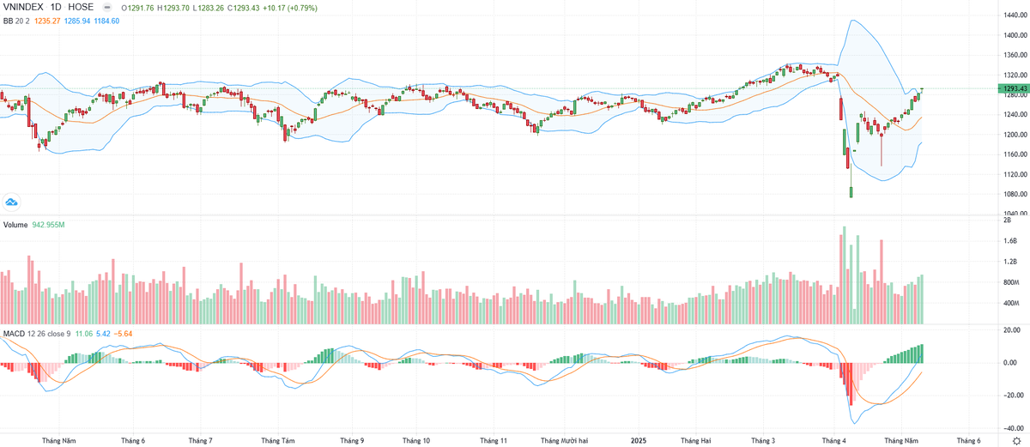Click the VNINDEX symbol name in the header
click(x=25, y=7)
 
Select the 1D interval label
click(x=59, y=7)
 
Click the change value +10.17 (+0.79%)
click(x=288, y=7)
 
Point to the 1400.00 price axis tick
click(x=1015, y=36)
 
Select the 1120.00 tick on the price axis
click(x=1015, y=174)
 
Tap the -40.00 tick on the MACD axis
click(x=1013, y=428)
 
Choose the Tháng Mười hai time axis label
click(x=564, y=440)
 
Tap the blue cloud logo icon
click(x=12, y=202)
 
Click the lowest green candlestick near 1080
click(x=851, y=192)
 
